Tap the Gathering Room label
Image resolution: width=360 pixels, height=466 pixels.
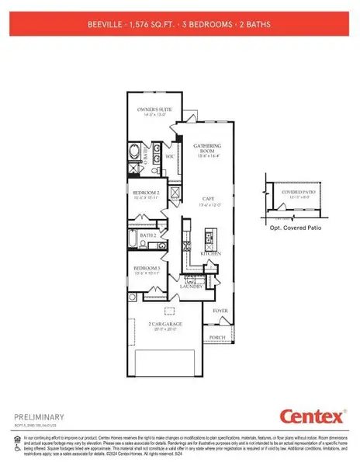click(x=207, y=148)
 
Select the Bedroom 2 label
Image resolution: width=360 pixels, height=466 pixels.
click(x=146, y=192)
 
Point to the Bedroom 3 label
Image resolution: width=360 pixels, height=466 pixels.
click(x=146, y=269)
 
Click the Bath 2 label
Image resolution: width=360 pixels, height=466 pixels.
click(x=148, y=235)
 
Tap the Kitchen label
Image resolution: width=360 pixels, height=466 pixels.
click(x=210, y=253)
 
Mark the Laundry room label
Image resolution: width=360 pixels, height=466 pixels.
click(x=192, y=287)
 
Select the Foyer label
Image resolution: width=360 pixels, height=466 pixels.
click(x=220, y=310)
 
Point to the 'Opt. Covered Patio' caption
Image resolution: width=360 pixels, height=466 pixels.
click(x=296, y=228)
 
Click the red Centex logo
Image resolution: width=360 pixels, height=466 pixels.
click(x=311, y=417)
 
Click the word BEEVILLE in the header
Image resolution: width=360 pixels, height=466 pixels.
click(x=106, y=25)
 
